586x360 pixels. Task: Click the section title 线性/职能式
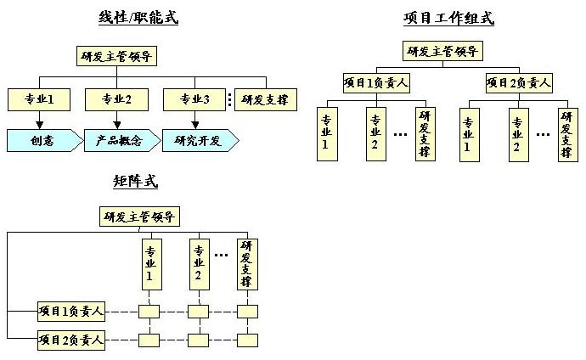pos(138,17)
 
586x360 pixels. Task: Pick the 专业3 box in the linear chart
pos(195,99)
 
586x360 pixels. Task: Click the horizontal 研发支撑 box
pos(265,99)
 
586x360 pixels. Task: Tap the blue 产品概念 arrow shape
pos(117,141)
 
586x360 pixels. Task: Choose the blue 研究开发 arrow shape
pos(198,141)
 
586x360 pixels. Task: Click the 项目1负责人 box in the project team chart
pos(375,82)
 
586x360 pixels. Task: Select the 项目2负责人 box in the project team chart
pos(519,82)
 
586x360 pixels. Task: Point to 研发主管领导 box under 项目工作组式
pos(444,51)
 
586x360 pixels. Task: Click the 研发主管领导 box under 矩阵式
pos(140,217)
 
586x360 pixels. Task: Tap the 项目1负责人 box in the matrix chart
pos(72,312)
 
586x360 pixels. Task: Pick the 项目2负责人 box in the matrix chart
pos(72,341)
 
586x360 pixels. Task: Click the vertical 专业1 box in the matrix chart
pos(150,263)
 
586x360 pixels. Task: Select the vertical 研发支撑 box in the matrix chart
pos(247,263)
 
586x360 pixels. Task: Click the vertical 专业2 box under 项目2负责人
pos(517,134)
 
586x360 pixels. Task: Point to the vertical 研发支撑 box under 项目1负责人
pos(424,134)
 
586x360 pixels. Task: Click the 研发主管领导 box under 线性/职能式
pos(116,58)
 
